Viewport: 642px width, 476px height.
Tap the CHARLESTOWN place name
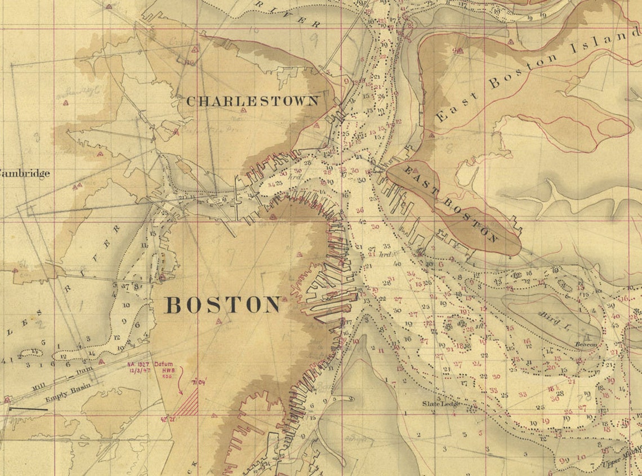click(x=252, y=102)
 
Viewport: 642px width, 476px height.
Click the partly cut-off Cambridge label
click(x=25, y=173)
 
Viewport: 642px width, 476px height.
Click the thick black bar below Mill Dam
click(x=28, y=408)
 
